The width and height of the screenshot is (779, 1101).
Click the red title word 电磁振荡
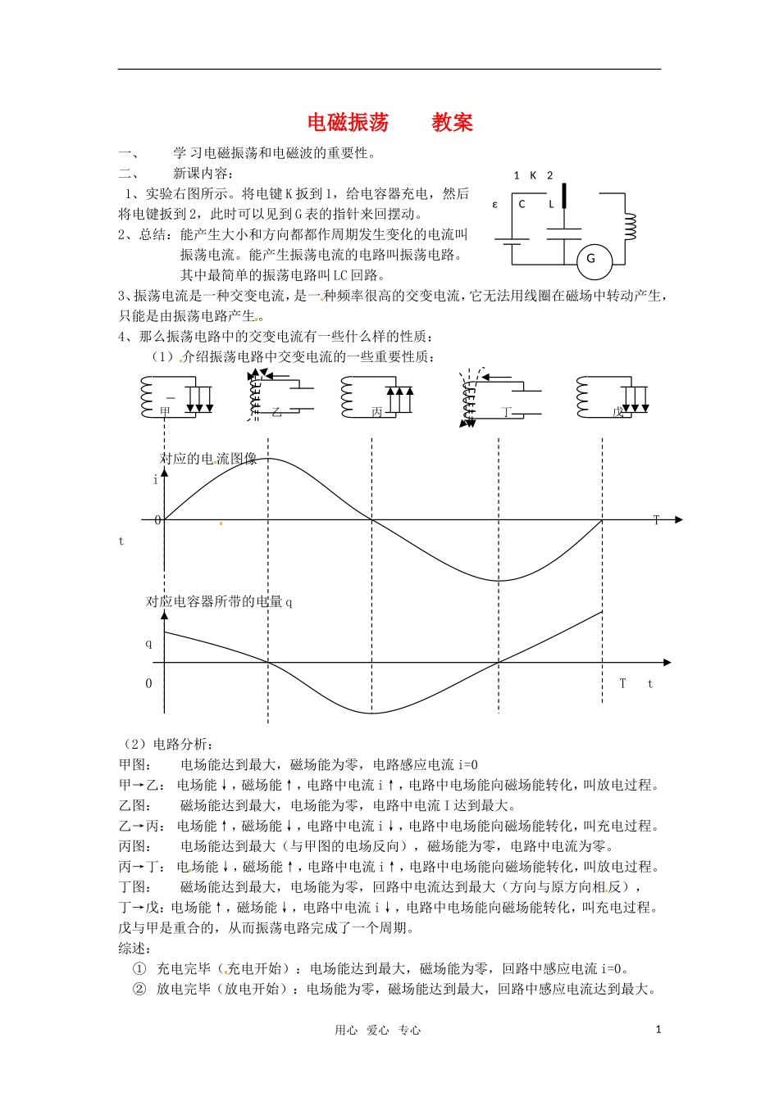[x=348, y=123]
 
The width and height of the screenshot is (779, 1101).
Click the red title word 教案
[x=453, y=123]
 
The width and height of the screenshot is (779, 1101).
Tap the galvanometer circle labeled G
[x=590, y=259]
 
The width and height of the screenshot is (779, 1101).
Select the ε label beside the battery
[x=494, y=204]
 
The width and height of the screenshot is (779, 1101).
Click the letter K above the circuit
[x=533, y=175]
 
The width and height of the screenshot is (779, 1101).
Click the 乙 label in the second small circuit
[x=276, y=412]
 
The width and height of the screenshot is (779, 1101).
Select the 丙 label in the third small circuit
[x=377, y=412]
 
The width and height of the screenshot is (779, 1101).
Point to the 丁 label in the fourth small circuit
[x=507, y=412]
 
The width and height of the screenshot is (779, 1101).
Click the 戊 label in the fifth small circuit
[x=618, y=412]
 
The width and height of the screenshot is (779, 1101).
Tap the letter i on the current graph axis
[x=156, y=480]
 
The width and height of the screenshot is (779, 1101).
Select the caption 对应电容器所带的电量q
[x=219, y=601]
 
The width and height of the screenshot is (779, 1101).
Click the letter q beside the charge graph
[x=148, y=643]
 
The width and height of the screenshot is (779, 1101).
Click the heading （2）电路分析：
[x=167, y=745]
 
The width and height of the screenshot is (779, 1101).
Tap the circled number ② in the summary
[x=139, y=989]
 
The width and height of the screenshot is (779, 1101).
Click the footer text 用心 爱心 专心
[x=377, y=1031]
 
